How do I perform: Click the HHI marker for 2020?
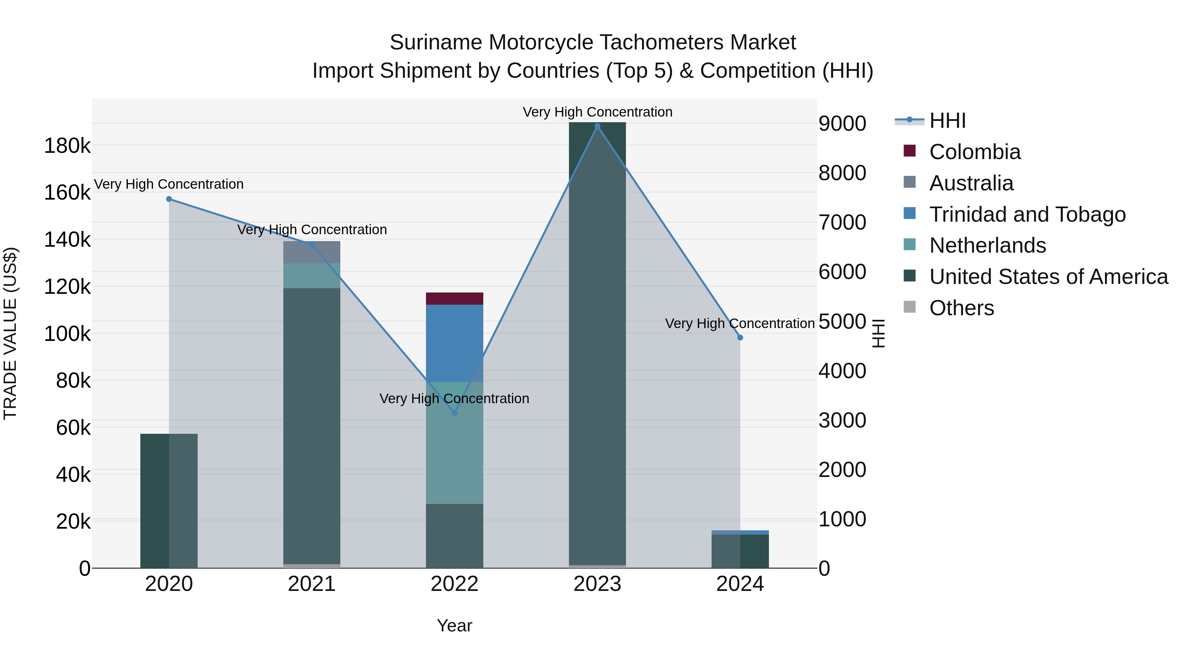[x=169, y=199]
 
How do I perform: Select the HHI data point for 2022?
[x=454, y=413]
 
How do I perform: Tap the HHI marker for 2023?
[x=597, y=126]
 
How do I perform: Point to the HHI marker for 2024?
[x=740, y=337]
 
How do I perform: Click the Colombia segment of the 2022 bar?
[x=454, y=298]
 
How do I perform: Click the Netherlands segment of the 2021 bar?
[x=312, y=276]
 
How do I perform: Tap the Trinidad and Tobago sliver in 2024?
[x=740, y=532]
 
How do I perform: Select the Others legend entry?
[x=961, y=308]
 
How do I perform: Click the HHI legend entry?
[x=947, y=121]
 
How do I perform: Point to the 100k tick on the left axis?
[x=67, y=334]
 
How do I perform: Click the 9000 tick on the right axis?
[x=842, y=124]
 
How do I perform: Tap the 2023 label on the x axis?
[x=597, y=584]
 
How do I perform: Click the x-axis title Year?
[x=454, y=625]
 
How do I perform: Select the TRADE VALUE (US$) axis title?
[x=10, y=333]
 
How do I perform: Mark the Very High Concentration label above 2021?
[x=312, y=229]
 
